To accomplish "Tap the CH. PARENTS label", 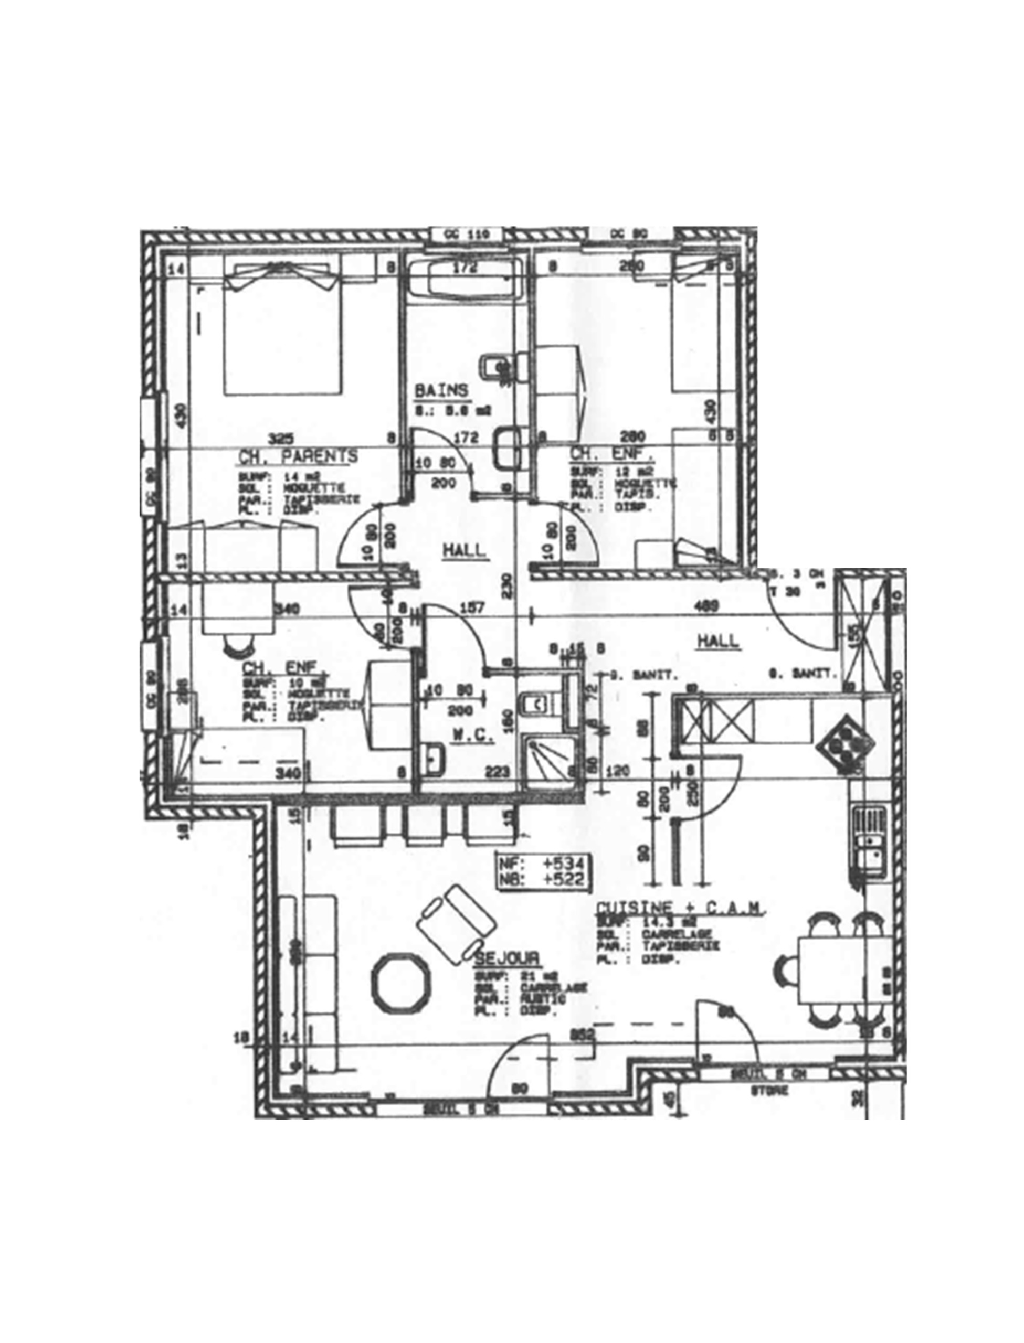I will pos(298,456).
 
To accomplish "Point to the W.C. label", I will pos(472,736).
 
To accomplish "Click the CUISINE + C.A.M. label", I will pos(680,908).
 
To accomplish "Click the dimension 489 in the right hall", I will pos(707,605).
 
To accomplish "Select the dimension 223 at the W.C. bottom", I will pos(497,773).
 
